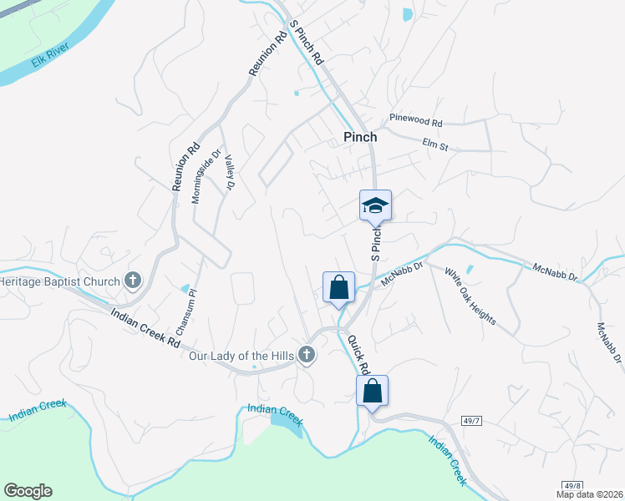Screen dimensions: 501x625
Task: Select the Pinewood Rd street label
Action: [x=415, y=121]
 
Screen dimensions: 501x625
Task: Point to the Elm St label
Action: [x=435, y=145]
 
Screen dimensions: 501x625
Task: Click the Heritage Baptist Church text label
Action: [x=60, y=281]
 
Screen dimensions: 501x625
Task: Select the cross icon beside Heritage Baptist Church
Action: [x=132, y=281]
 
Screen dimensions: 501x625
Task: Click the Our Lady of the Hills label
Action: [x=241, y=357]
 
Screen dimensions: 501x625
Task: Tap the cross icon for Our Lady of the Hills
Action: [x=307, y=356]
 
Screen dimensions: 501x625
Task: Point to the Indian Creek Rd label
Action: [x=146, y=328]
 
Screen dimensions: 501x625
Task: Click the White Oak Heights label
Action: [x=470, y=296]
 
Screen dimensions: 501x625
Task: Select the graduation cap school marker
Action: [x=375, y=205]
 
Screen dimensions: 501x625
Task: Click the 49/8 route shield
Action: [x=572, y=484]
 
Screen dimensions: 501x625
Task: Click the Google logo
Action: [x=28, y=491]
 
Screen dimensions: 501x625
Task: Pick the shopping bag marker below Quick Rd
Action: [x=372, y=392]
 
